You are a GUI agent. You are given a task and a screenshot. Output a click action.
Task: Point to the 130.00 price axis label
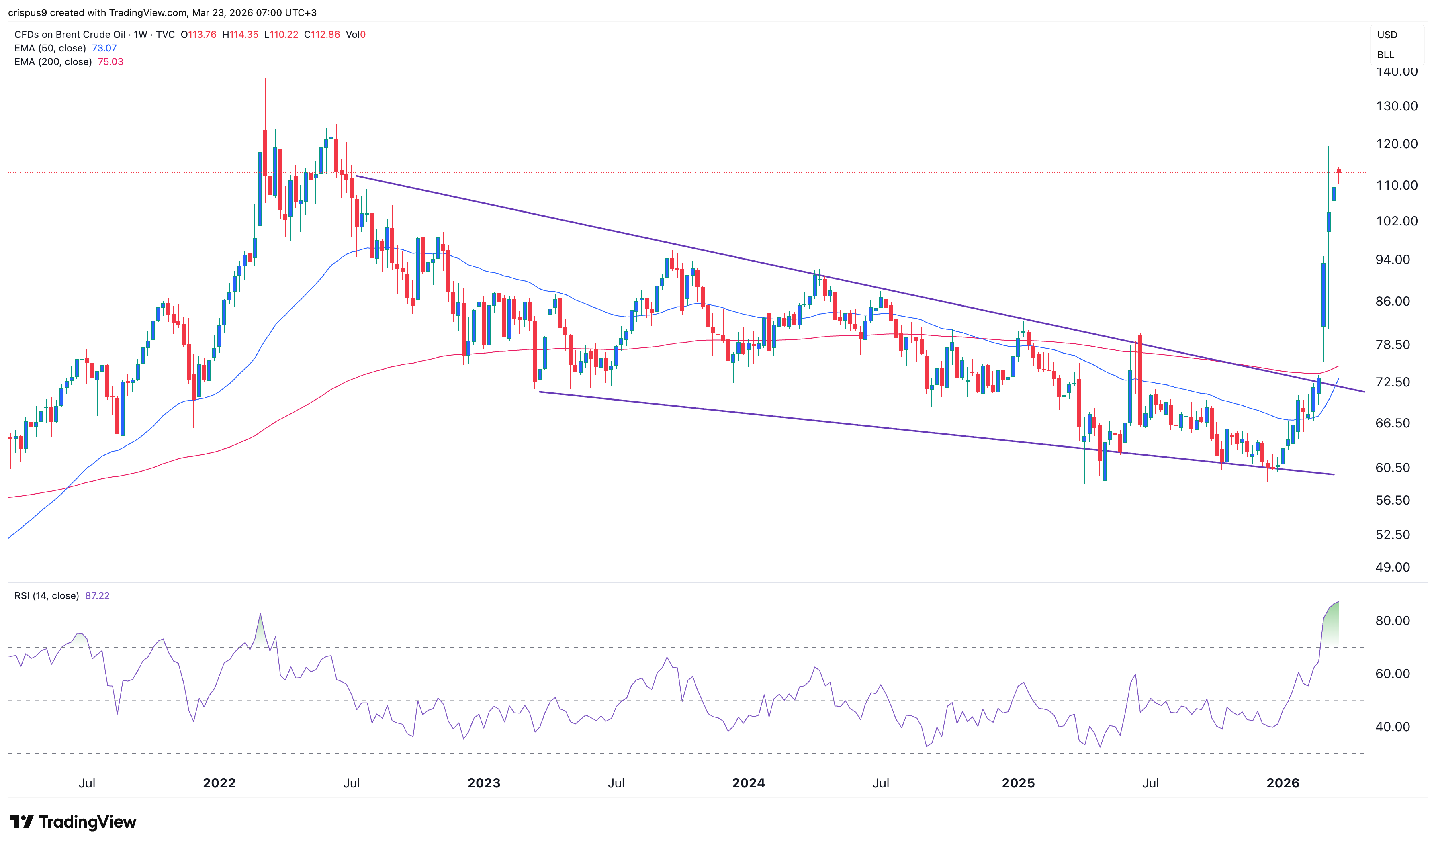[x=1396, y=106]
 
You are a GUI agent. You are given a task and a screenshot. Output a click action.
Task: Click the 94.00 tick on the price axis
[x=1392, y=260]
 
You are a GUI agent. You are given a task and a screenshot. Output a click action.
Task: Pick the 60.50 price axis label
[x=1392, y=468]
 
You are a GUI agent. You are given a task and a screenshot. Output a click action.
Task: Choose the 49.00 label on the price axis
[x=1392, y=567]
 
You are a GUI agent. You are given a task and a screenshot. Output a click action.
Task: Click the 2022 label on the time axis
[x=219, y=783]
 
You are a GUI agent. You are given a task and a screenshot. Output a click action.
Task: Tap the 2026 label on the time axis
[x=1282, y=783]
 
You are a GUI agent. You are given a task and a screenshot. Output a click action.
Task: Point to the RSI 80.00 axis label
[x=1392, y=621]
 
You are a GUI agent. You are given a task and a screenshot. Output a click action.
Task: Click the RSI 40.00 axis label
[x=1392, y=727]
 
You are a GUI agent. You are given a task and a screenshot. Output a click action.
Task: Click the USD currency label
[x=1387, y=35]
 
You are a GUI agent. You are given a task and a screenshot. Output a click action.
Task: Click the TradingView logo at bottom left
[x=73, y=821]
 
